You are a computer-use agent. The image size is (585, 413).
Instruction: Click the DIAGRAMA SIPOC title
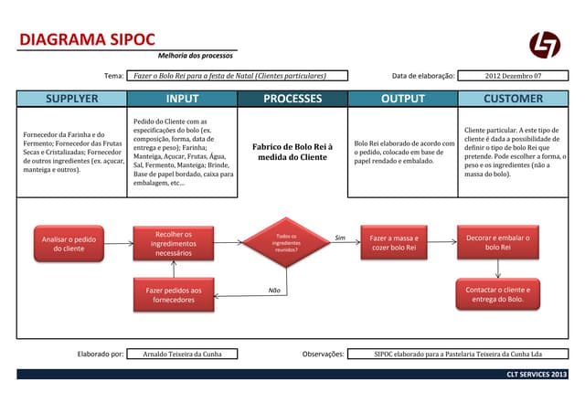pyautogui.click(x=87, y=40)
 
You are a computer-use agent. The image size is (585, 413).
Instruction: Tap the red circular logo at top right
pyautogui.click(x=545, y=44)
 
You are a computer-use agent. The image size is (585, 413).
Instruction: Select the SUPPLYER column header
pyautogui.click(x=71, y=98)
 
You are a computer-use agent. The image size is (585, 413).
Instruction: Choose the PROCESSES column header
pyautogui.click(x=292, y=98)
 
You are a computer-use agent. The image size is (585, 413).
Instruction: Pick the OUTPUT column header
pyautogui.click(x=403, y=98)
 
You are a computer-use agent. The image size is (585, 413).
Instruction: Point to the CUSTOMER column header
pyautogui.click(x=513, y=98)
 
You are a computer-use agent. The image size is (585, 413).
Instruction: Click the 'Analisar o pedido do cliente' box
pyautogui.click(x=69, y=243)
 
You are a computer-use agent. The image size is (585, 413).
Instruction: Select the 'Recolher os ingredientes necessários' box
pyautogui.click(x=174, y=243)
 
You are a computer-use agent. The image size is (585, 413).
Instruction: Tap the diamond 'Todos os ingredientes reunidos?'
pyautogui.click(x=286, y=242)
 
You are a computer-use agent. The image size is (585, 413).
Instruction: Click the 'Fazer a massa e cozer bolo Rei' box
pyautogui.click(x=393, y=243)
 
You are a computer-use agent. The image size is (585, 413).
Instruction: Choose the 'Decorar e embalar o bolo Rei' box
pyautogui.click(x=498, y=243)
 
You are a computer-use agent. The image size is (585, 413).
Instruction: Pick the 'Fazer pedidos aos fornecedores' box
pyautogui.click(x=174, y=294)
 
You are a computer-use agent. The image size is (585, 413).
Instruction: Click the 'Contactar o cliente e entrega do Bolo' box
pyautogui.click(x=498, y=294)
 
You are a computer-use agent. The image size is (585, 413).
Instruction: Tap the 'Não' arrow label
pyautogui.click(x=274, y=290)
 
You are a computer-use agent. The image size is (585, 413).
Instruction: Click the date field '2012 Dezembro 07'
pyautogui.click(x=513, y=76)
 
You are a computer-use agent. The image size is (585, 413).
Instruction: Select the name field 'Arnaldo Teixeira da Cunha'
pyautogui.click(x=182, y=354)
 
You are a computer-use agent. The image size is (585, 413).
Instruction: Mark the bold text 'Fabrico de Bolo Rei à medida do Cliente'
pyautogui.click(x=292, y=152)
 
